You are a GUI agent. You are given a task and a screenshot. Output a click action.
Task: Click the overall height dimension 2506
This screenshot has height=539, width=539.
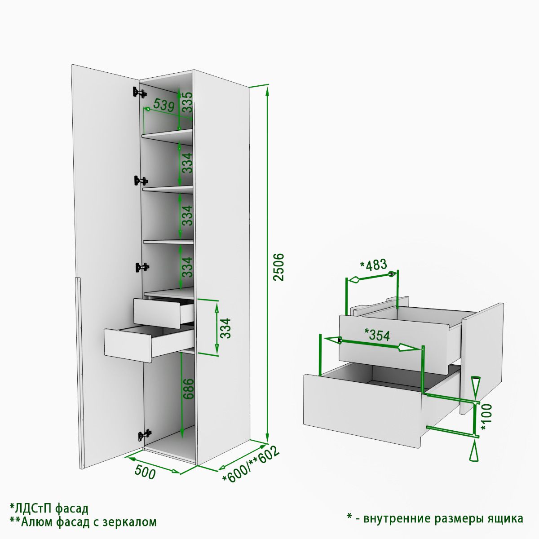tap(278, 267)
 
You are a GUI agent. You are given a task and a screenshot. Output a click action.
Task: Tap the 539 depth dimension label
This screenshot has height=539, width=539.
tap(164, 105)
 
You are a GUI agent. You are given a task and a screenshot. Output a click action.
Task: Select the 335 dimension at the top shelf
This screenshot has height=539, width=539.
tap(187, 102)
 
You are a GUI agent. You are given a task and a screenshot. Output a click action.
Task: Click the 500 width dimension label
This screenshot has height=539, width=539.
tap(145, 472)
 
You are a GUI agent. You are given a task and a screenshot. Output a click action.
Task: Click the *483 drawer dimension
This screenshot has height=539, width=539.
tap(373, 265)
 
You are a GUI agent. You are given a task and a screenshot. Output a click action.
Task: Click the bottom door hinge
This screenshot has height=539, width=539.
tap(144, 434)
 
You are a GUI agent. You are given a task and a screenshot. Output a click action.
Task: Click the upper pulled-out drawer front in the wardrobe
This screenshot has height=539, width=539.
tap(157, 313)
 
